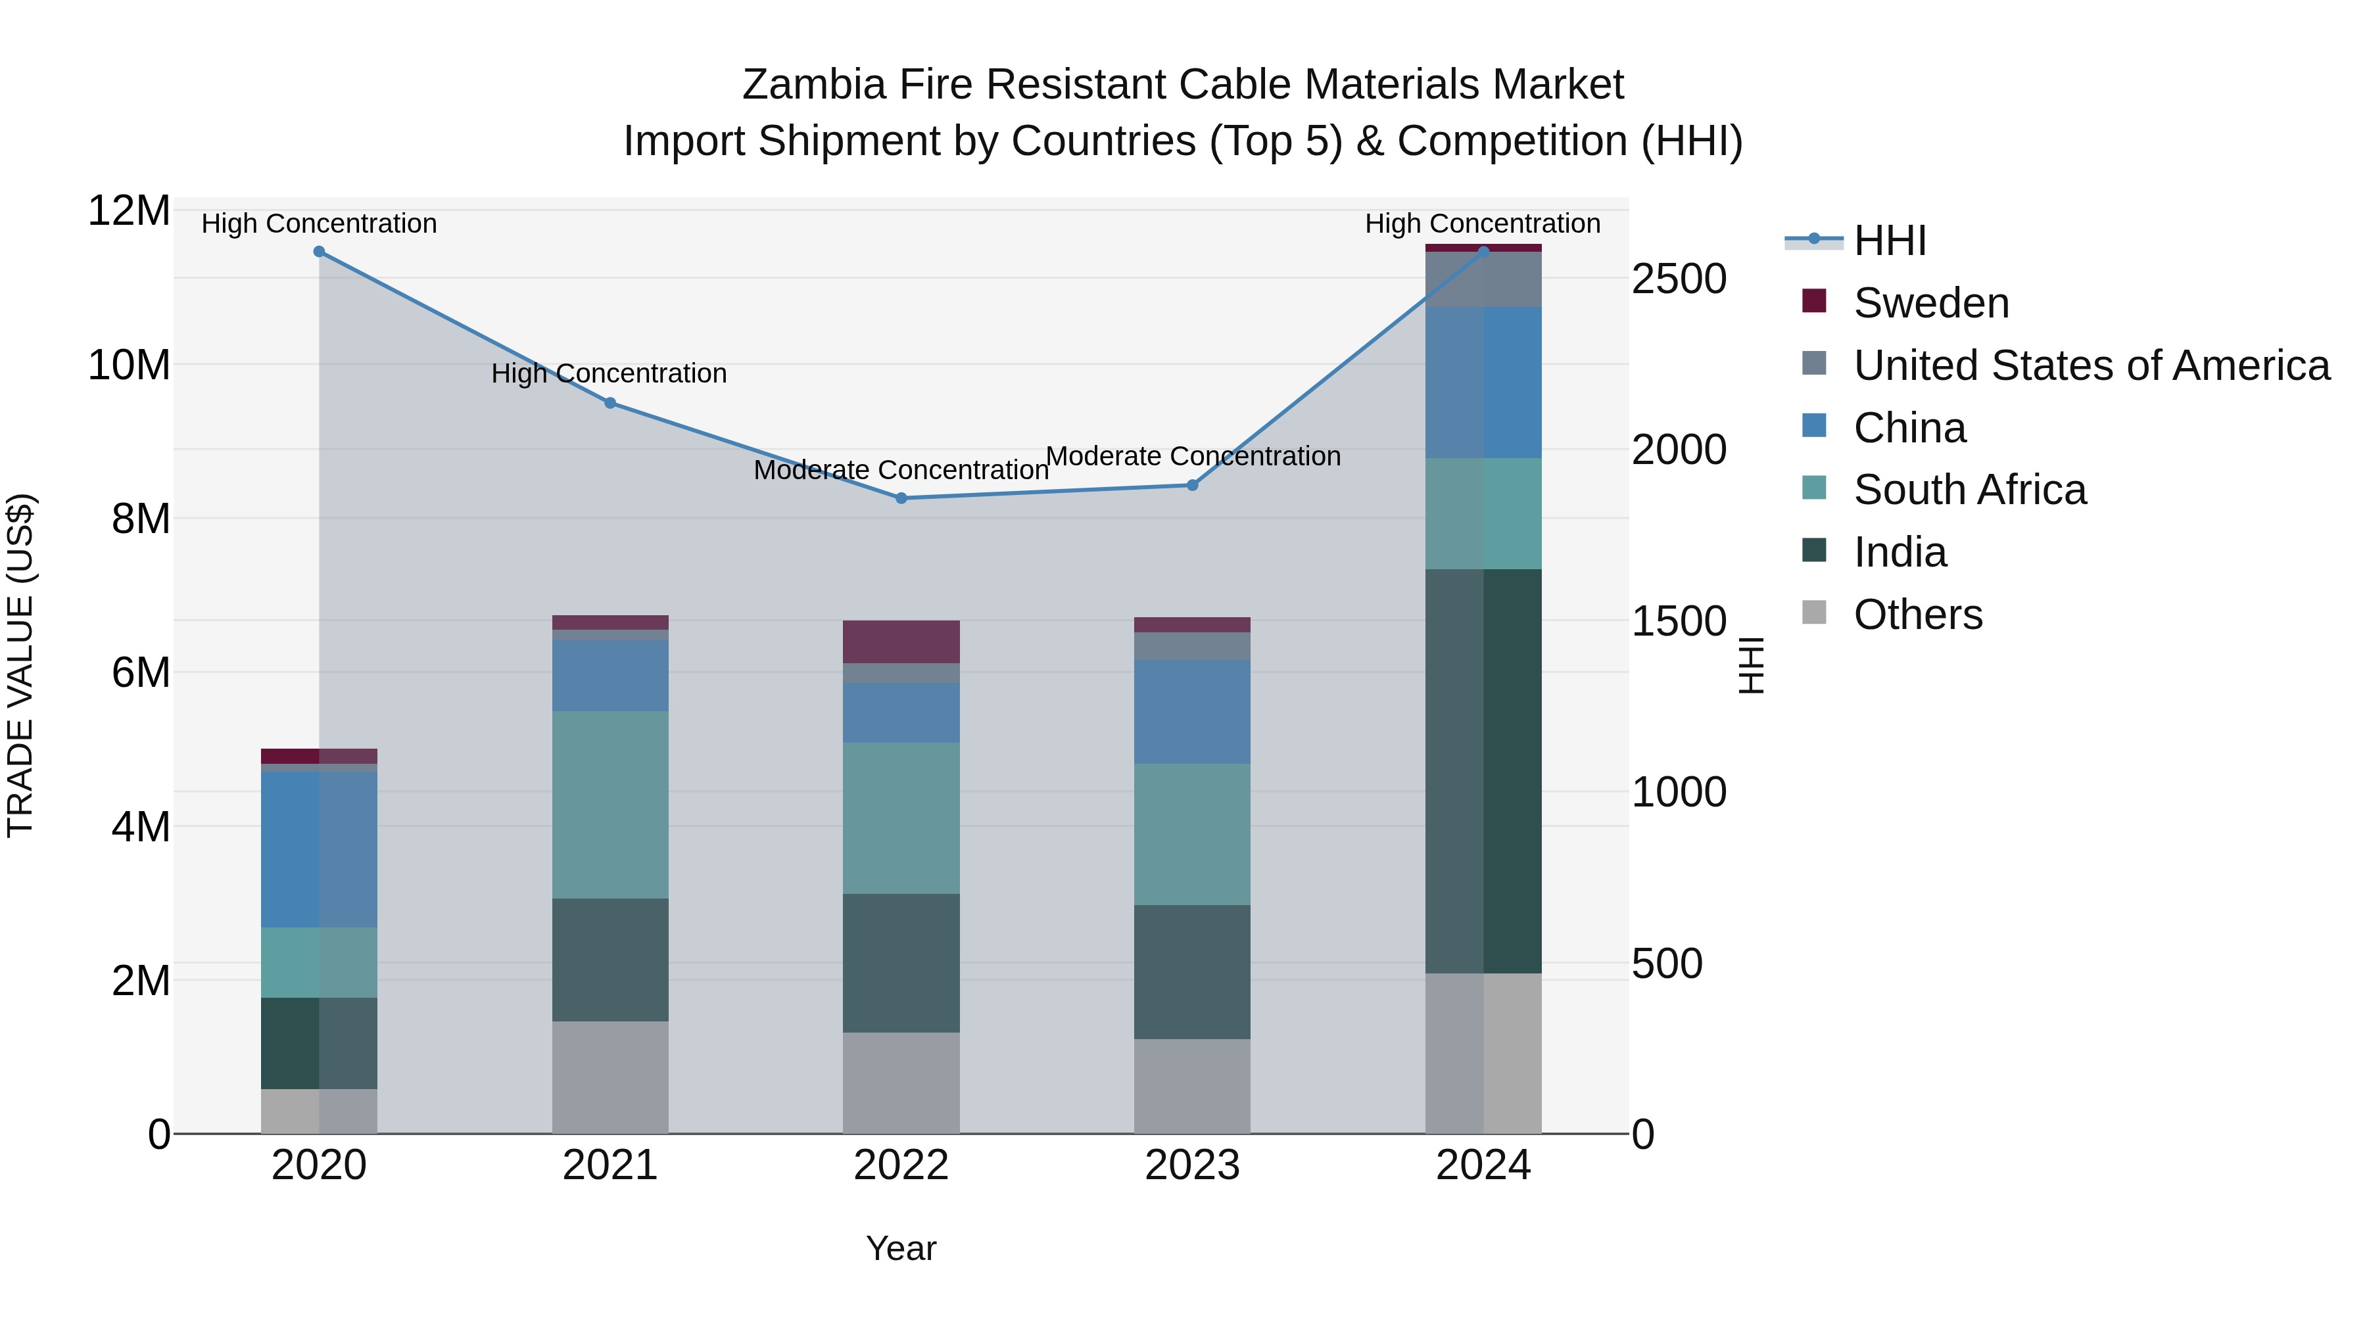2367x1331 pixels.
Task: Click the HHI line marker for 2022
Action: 901,498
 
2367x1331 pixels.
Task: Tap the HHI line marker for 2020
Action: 319,252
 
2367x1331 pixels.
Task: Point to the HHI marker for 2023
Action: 1193,485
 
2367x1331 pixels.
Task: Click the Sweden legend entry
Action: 1930,303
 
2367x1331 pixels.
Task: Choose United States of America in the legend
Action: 2090,365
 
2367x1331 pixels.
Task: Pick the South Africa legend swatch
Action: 1814,488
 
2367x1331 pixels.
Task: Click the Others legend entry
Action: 1918,615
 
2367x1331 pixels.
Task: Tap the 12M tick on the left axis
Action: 129,211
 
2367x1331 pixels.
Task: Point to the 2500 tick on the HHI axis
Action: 1679,279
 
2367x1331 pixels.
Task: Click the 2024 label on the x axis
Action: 1483,1165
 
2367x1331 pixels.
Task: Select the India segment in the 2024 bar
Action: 1483,772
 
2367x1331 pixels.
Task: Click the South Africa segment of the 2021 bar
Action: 610,805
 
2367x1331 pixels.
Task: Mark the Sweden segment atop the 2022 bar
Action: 901,641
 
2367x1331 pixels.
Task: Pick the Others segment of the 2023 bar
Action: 1193,1086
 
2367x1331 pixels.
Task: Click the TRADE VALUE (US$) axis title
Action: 20,665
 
